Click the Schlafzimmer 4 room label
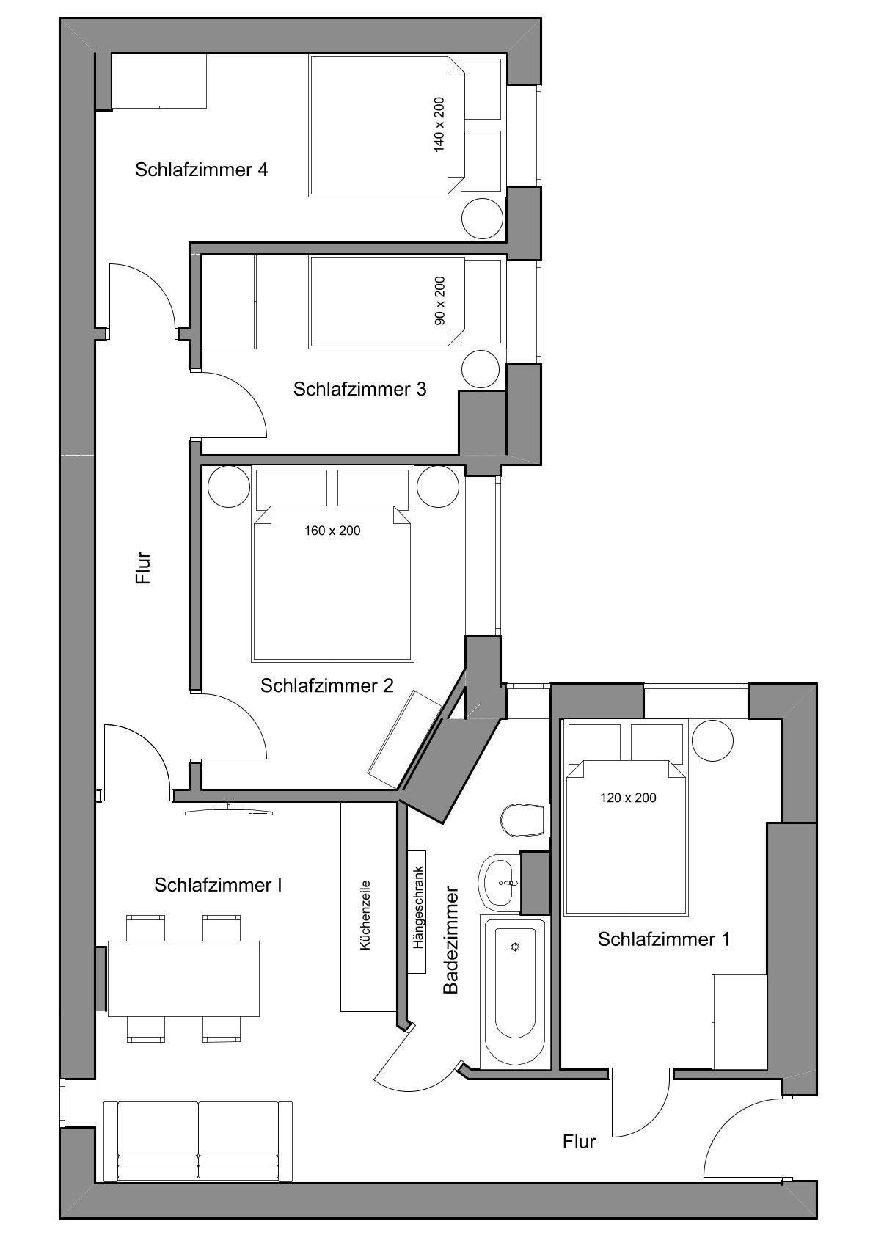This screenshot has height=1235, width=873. click(201, 170)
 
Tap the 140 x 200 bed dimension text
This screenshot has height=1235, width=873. click(439, 125)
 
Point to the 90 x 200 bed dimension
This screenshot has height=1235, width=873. click(439, 300)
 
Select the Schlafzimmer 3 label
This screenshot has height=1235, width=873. click(359, 389)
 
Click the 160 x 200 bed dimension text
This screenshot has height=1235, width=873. click(332, 531)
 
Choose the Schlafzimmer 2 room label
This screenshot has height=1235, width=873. click(326, 686)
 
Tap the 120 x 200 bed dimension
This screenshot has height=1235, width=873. click(628, 798)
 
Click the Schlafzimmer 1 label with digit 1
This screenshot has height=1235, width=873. click(664, 939)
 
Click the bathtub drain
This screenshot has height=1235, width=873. click(515, 947)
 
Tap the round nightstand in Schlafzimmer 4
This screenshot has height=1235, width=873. click(482, 219)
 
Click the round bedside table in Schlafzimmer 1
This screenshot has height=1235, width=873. click(712, 740)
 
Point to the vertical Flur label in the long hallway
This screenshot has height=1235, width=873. click(143, 568)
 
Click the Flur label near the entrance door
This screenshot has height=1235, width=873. click(580, 1141)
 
